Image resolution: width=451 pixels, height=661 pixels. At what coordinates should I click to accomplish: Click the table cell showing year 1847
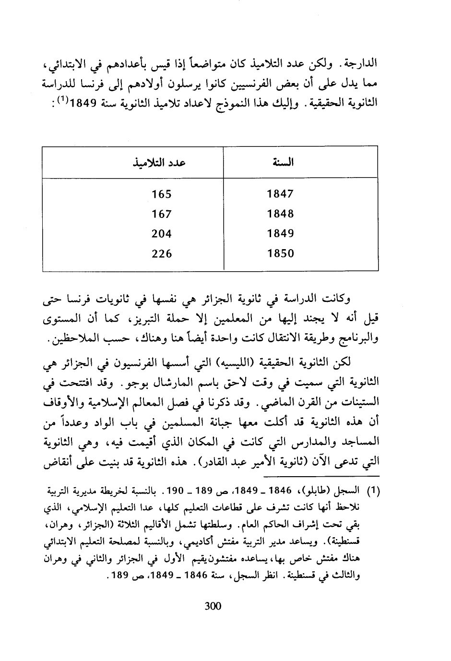(x=280, y=194)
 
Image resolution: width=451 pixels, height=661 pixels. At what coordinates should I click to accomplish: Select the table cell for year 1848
(x=280, y=214)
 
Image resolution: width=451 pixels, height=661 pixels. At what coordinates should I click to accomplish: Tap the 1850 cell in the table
(x=280, y=253)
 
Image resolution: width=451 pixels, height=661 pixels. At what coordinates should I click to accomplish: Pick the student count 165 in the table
(x=162, y=194)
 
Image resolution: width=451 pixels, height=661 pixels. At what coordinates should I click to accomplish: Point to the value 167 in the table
(x=162, y=214)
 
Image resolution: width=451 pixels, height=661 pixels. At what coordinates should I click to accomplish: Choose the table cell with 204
(x=162, y=234)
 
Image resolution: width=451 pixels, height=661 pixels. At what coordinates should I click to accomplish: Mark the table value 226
(x=162, y=253)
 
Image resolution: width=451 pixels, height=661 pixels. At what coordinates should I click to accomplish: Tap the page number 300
(x=213, y=606)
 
